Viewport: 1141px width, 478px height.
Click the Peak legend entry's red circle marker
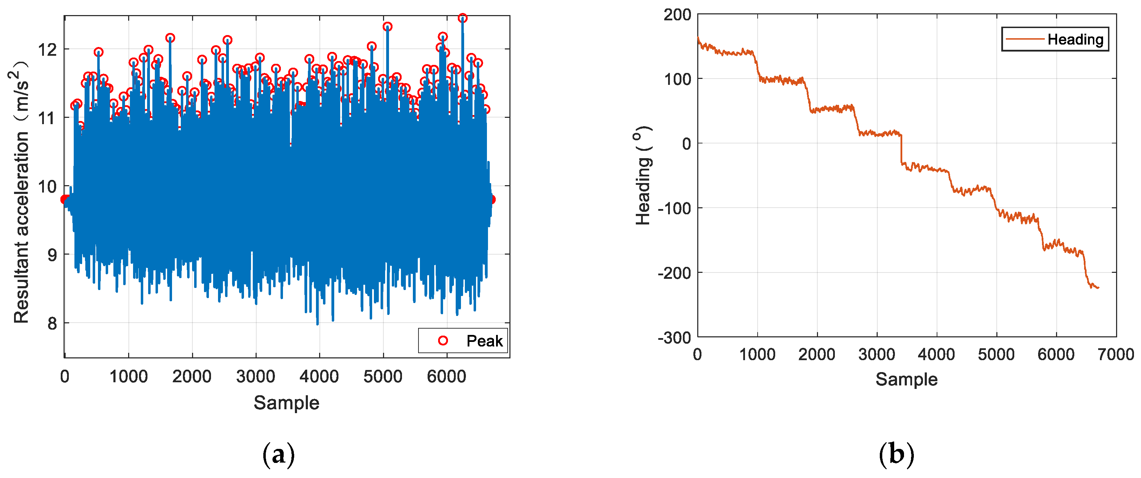[x=442, y=341]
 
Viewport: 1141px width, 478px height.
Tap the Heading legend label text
[x=1075, y=39]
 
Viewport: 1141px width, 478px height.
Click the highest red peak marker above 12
[x=462, y=18]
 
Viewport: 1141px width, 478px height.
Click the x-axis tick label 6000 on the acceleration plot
[x=447, y=377]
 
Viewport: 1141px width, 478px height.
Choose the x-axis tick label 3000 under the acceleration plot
[x=256, y=377]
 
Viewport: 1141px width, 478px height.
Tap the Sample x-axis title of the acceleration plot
[x=286, y=403]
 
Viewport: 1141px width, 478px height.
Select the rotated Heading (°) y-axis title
[x=643, y=175]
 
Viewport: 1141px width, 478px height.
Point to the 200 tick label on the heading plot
[x=677, y=15]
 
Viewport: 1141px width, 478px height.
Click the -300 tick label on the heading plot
[x=674, y=338]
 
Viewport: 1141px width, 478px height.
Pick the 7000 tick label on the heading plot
[x=1116, y=355]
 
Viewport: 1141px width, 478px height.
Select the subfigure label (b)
[x=897, y=455]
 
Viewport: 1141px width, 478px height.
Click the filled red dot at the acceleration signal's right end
[x=491, y=200]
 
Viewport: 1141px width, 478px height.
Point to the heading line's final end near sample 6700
[x=1099, y=288]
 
